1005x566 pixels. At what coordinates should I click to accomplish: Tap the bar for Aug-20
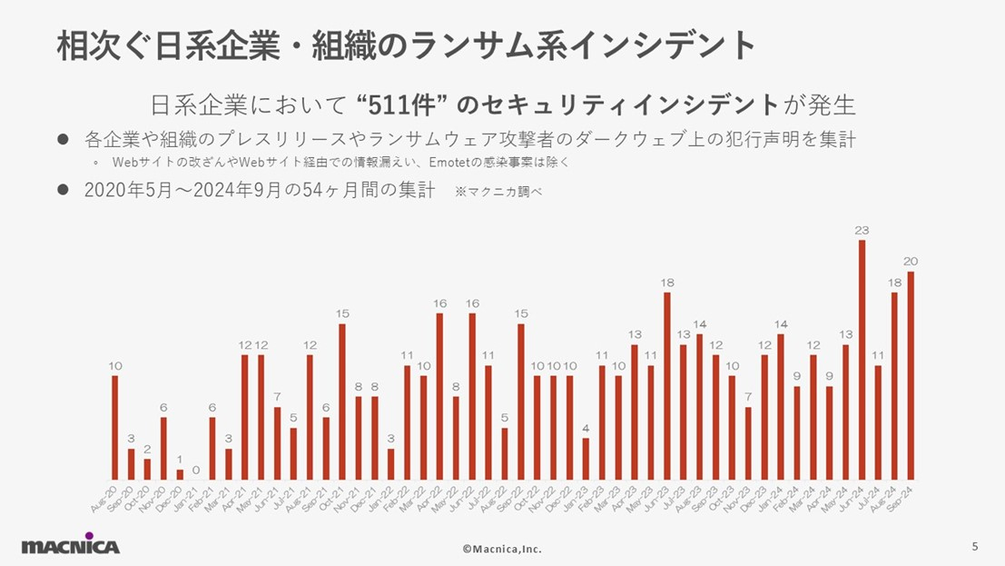(x=115, y=427)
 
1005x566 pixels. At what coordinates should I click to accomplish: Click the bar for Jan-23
(x=586, y=459)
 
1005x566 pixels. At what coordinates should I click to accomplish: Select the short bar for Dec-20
(x=180, y=474)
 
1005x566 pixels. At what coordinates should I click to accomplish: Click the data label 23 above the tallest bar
(x=862, y=231)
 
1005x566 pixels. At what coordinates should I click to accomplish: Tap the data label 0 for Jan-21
(x=196, y=471)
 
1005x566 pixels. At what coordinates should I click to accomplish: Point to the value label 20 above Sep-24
(x=911, y=262)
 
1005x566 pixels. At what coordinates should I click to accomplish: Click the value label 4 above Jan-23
(x=586, y=428)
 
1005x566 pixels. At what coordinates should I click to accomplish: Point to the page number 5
(x=975, y=546)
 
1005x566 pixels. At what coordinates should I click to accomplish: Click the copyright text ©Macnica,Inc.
(x=502, y=549)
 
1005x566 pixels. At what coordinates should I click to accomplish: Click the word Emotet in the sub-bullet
(x=454, y=163)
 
